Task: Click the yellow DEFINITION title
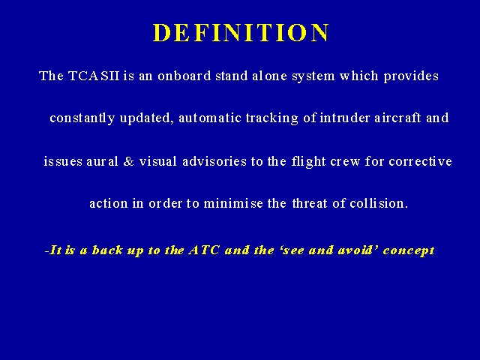point(241,32)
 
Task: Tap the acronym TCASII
point(94,76)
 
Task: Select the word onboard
point(184,76)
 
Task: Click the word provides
point(411,76)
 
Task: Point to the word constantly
point(82,118)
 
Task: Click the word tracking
point(271,118)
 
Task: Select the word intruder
point(345,118)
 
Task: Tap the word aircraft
point(398,118)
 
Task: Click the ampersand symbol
point(128,161)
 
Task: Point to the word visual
point(158,161)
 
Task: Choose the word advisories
point(214,161)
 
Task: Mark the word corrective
point(420,161)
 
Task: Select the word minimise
point(233,203)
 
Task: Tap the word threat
point(310,203)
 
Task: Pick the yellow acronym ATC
point(204,250)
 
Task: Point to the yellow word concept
point(409,251)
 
